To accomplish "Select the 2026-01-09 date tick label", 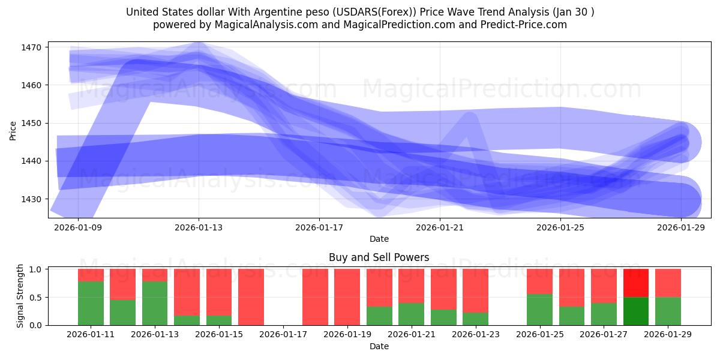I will click(x=78, y=227).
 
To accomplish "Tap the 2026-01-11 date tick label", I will click(x=91, y=335).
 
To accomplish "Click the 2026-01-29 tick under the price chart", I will click(x=681, y=227).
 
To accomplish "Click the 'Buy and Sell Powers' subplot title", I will click(x=379, y=257).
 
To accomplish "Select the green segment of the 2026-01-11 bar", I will click(x=91, y=303).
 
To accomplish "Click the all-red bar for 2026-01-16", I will click(x=251, y=297).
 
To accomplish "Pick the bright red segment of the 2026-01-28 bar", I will click(x=636, y=283).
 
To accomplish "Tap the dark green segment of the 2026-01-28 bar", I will click(x=636, y=311).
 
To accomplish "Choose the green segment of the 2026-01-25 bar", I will click(x=539, y=310).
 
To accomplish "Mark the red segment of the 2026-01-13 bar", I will click(x=155, y=275).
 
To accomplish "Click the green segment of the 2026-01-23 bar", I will click(x=475, y=319).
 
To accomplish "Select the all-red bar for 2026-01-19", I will click(x=347, y=297).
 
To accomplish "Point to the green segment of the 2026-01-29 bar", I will click(x=668, y=311).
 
